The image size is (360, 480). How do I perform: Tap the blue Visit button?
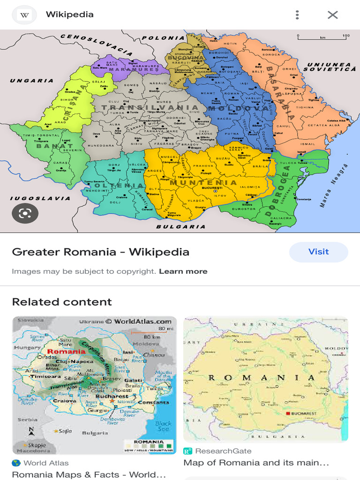[318, 252]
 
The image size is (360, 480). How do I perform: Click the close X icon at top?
[332, 15]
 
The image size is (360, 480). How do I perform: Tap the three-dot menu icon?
[297, 15]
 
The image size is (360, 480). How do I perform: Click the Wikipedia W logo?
[25, 15]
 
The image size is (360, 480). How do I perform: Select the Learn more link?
[183, 271]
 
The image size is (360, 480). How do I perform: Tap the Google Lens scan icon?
[25, 213]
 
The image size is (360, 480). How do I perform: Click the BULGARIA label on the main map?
[180, 226]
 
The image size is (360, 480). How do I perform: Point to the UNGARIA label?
[32, 81]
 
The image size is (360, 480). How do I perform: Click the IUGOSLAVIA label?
[40, 198]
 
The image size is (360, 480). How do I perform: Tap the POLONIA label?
[164, 38]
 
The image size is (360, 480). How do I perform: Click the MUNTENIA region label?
[203, 182]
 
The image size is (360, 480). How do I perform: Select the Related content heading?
[62, 302]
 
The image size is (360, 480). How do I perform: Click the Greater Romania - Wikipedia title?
[100, 252]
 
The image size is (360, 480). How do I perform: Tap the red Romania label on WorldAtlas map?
[66, 351]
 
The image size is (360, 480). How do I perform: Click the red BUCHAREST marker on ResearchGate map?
[288, 414]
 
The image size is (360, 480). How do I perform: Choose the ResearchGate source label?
[223, 451]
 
